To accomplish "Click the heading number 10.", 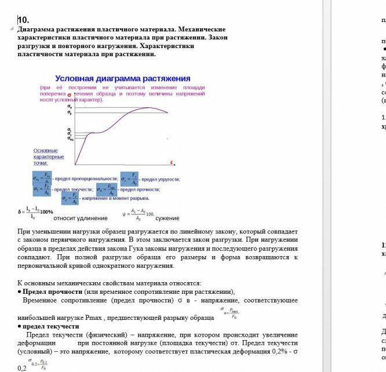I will click(x=23, y=20).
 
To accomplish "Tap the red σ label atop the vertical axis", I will click(x=69, y=95).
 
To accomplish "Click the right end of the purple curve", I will click(x=168, y=112).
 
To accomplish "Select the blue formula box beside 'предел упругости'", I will click(x=129, y=179).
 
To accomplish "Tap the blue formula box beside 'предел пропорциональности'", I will click(x=42, y=178).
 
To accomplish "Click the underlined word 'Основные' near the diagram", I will click(x=45, y=150).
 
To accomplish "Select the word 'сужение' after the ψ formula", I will click(x=167, y=218).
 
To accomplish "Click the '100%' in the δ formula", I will click(x=47, y=211).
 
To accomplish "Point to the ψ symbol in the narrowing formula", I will click(x=123, y=214).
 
